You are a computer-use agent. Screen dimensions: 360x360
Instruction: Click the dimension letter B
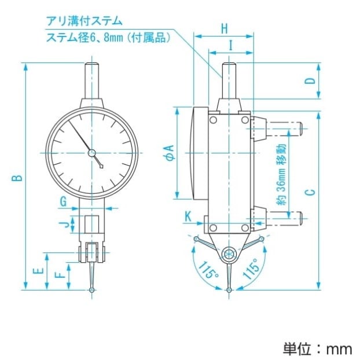(x=19, y=177)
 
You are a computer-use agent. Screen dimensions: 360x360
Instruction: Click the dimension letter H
(x=225, y=27)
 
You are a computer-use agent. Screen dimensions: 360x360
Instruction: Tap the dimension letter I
(x=230, y=43)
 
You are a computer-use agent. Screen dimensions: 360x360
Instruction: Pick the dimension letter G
(x=64, y=201)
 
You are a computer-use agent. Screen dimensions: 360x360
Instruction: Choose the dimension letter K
(x=188, y=216)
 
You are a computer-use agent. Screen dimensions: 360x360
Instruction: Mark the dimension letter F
(x=58, y=277)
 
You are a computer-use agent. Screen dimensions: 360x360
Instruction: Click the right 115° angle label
(x=251, y=270)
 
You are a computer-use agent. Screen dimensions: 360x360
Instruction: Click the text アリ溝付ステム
(x=85, y=21)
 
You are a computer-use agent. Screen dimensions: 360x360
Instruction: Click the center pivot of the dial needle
(x=91, y=153)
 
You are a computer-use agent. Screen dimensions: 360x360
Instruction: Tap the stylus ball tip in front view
(x=92, y=289)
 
